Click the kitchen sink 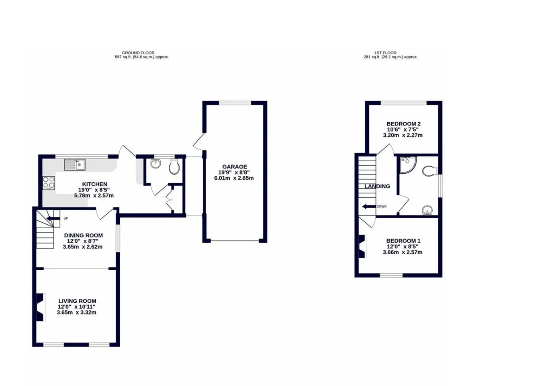coord(75,165)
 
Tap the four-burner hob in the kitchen coord(49,183)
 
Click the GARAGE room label coord(235,166)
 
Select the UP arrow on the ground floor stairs coord(53,219)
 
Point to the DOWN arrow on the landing coord(369,206)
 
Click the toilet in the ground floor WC coord(174,166)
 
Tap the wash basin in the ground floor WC coord(156,163)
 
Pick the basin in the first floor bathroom coord(427,210)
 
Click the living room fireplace coord(41,307)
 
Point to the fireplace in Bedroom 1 coord(362,246)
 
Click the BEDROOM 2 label coord(404,124)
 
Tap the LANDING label coord(377,186)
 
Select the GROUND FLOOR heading coord(138,53)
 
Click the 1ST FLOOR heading coord(385,53)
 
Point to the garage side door coord(199,142)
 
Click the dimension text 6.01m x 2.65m coord(234,178)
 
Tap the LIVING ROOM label coord(77,301)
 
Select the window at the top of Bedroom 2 coord(404,103)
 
